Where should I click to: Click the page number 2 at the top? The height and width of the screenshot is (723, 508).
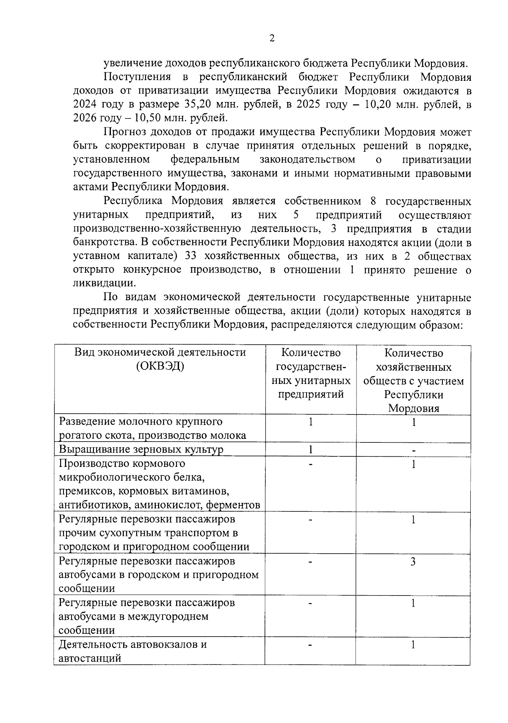[x=272, y=38]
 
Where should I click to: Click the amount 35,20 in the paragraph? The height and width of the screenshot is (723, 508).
[x=197, y=104]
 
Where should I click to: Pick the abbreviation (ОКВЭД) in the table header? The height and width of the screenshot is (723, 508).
[x=160, y=367]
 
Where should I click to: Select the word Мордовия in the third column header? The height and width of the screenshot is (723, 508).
[x=414, y=408]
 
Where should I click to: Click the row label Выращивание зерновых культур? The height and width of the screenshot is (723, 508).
[x=141, y=450]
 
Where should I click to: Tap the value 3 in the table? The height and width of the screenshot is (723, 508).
[x=413, y=562]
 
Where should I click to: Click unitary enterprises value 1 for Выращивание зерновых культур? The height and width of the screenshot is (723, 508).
[x=311, y=449]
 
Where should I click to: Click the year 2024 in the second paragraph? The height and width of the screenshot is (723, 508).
[x=84, y=104]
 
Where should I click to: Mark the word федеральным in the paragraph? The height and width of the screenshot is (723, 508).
[x=205, y=160]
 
